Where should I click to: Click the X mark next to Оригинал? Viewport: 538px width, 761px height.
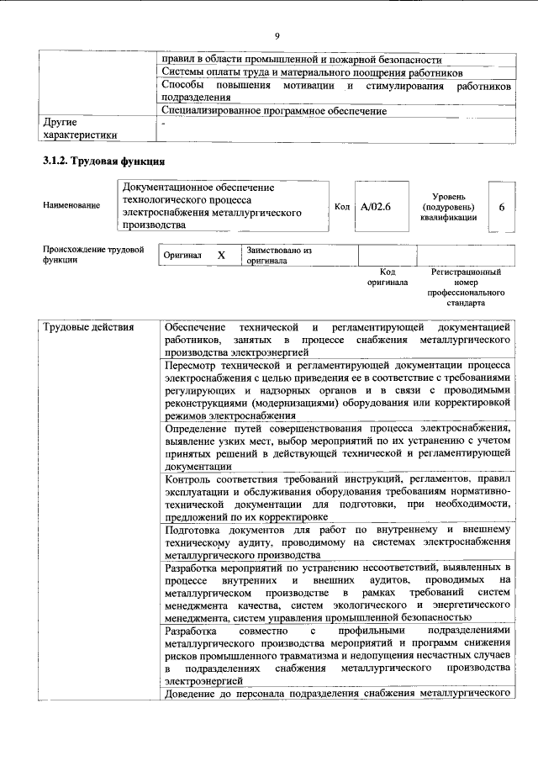click(221, 255)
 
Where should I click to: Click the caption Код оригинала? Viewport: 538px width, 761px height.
click(387, 277)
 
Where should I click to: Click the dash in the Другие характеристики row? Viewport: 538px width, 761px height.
click(165, 123)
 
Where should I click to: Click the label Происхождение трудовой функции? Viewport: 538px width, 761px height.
click(92, 255)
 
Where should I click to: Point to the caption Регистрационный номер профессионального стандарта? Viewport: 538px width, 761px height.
click(466, 287)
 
